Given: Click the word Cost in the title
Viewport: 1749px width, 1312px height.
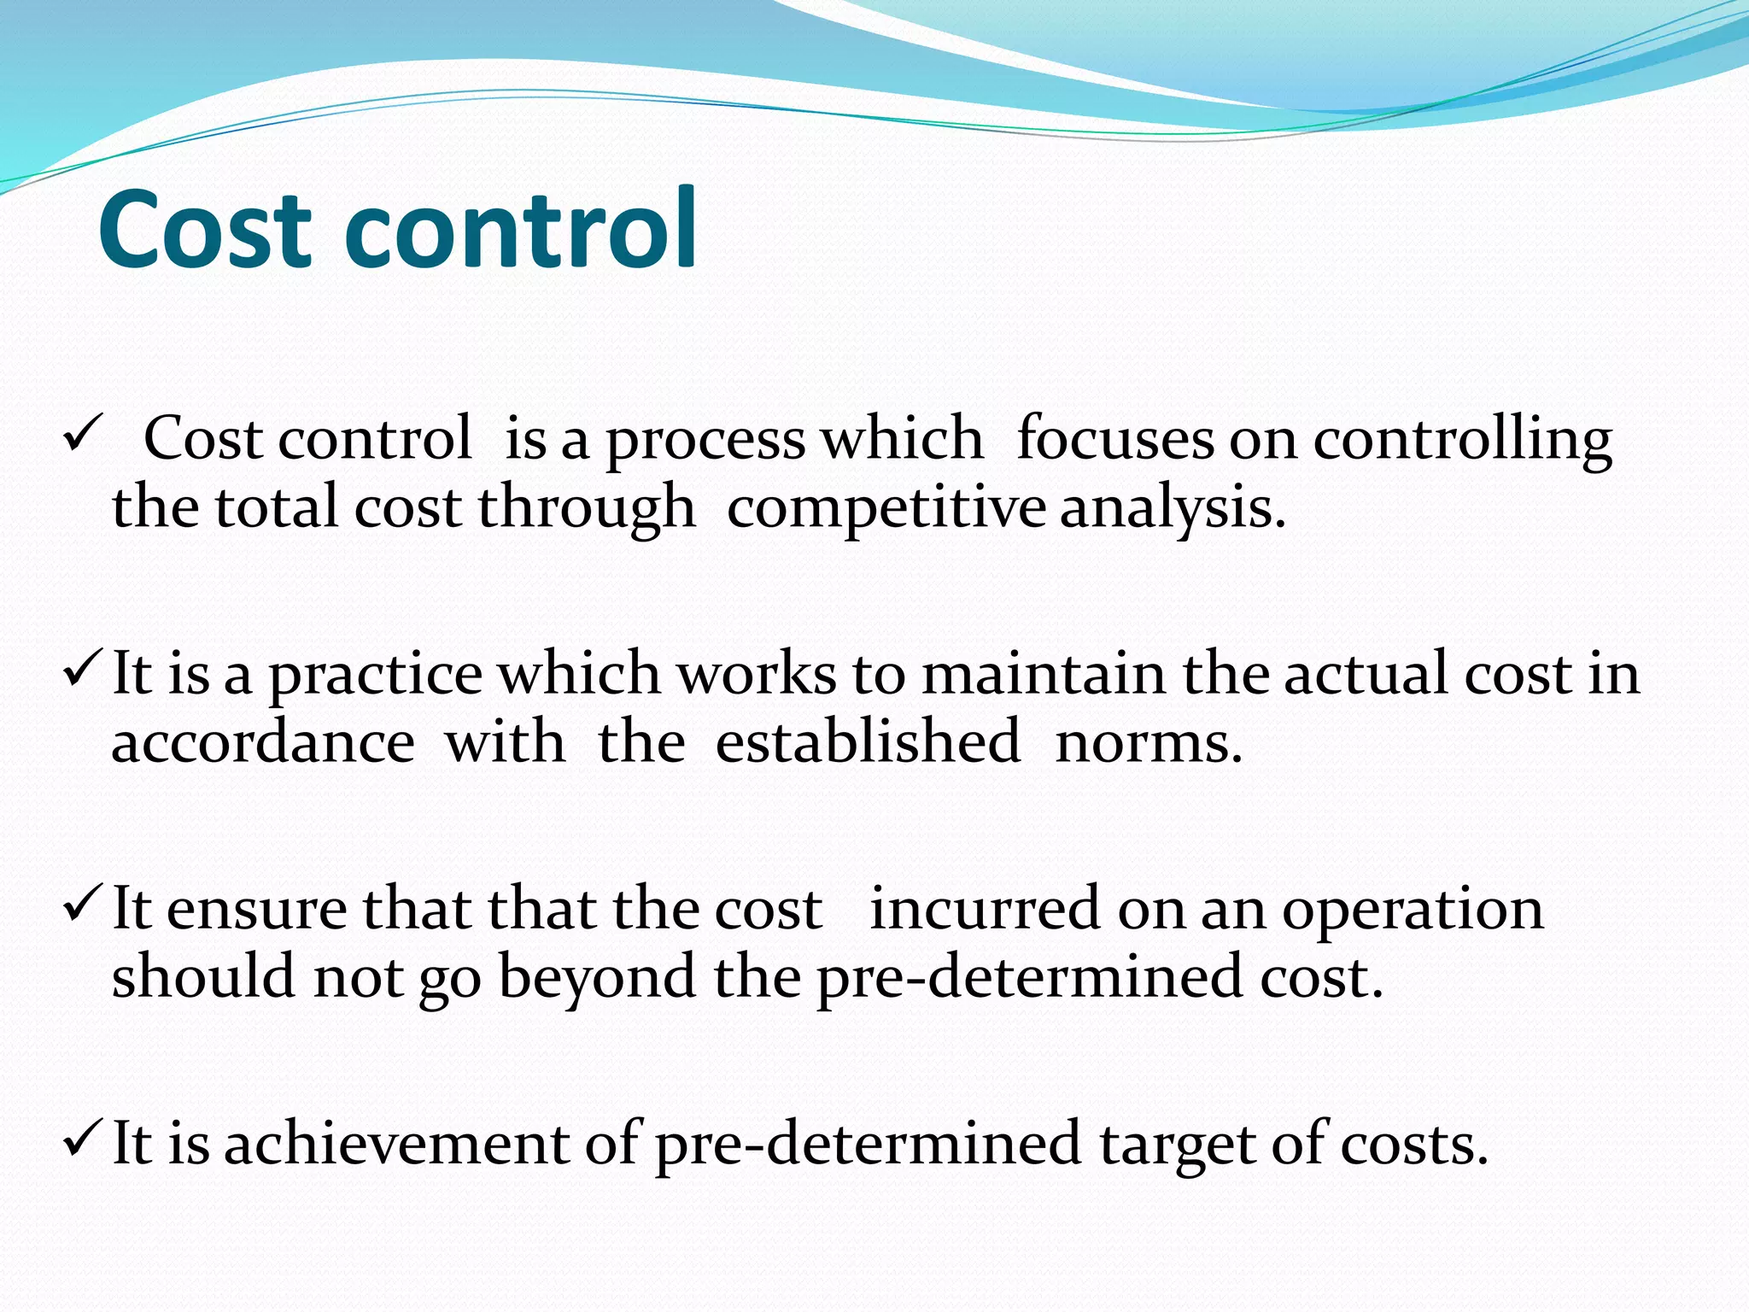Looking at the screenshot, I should coord(205,229).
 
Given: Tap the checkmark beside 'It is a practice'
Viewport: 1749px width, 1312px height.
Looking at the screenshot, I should coord(83,671).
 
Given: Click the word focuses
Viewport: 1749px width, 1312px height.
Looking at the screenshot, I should coord(1114,439).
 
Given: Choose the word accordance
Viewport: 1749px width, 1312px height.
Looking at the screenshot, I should coord(263,742).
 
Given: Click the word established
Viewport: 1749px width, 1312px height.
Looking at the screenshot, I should coord(868,742).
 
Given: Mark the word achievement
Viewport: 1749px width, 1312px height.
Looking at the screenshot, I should coord(396,1144).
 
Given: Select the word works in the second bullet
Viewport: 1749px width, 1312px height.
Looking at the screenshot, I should coord(757,674).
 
